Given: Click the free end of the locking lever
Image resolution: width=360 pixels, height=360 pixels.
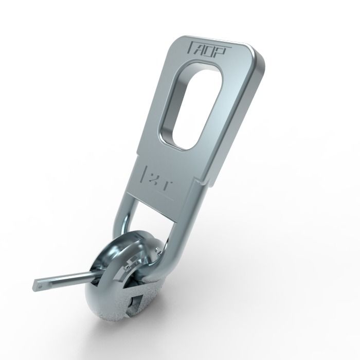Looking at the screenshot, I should [39, 282].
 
